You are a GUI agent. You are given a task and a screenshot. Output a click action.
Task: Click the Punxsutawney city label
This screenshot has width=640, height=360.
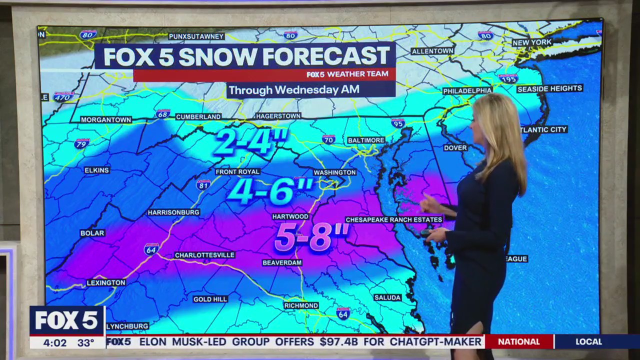coord(196,36)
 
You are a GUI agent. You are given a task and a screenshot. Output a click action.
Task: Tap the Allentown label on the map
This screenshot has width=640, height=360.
coord(432,51)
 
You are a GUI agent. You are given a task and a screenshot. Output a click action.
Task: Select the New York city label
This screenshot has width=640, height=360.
coord(532,42)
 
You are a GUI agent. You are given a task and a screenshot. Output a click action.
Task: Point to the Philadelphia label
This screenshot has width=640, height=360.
coord(467,90)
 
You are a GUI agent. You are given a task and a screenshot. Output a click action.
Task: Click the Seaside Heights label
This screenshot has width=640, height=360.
coord(549,88)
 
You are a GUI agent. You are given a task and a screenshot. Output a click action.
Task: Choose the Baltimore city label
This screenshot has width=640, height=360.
coord(366,140)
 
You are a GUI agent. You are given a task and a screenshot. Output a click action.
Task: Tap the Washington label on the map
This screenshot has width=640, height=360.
coord(334,172)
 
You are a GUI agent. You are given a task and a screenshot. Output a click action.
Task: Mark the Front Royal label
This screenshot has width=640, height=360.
coord(237,171)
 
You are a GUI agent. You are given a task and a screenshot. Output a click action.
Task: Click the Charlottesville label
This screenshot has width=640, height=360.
coord(204,255)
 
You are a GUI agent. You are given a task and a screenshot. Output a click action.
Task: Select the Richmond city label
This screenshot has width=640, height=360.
coord(301,305)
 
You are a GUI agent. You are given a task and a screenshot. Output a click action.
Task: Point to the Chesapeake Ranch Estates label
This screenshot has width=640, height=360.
coord(394,219)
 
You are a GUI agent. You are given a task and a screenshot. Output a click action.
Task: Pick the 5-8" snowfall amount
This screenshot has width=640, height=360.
coord(311,237)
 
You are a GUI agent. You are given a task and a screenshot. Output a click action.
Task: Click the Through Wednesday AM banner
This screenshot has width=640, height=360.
coord(294,90)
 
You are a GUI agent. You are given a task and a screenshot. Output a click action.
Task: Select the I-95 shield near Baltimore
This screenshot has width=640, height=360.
coord(398,123)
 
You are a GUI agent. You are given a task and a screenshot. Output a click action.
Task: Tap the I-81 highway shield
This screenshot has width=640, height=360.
coord(203,184)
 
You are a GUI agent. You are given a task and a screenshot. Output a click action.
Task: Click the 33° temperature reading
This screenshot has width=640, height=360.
coord(86,342)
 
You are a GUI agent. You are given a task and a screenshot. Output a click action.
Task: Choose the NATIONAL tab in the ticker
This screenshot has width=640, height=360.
coord(518,342)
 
